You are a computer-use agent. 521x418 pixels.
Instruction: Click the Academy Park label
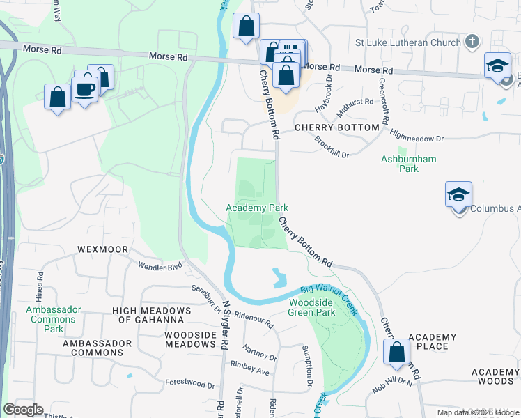coord(256,208)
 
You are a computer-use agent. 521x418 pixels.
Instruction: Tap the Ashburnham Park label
coord(408,164)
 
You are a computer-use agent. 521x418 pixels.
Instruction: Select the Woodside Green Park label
coord(311,307)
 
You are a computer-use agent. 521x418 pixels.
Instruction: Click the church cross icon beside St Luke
coord(472,41)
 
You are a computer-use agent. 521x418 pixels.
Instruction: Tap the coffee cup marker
coord(85,91)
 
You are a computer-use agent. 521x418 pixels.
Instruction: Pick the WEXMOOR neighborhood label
coord(102,249)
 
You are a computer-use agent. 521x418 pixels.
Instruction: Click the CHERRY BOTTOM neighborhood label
coord(337,127)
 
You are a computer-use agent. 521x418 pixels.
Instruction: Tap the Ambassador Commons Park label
coord(54,319)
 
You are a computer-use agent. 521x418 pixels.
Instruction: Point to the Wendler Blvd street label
coord(160,265)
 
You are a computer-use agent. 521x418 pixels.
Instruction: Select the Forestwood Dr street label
coord(190,384)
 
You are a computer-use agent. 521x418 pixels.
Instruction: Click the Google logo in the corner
coord(23,410)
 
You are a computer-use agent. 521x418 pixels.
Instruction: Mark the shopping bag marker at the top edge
coord(246,27)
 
